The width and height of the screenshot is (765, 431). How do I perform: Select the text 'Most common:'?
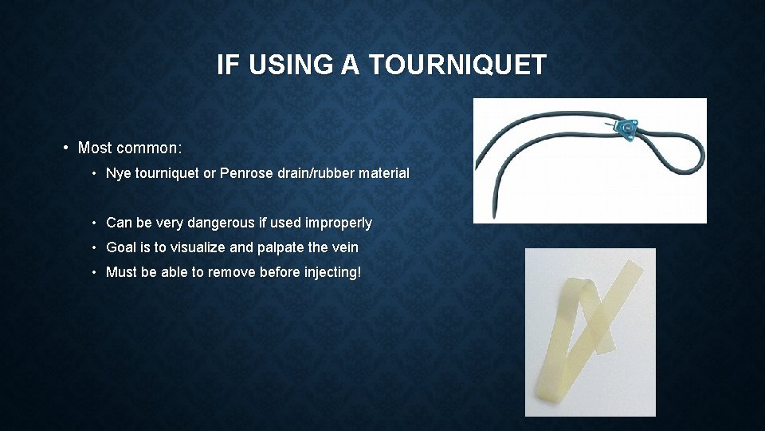pyautogui.click(x=130, y=148)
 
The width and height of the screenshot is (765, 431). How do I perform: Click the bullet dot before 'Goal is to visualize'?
pyautogui.click(x=95, y=247)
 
